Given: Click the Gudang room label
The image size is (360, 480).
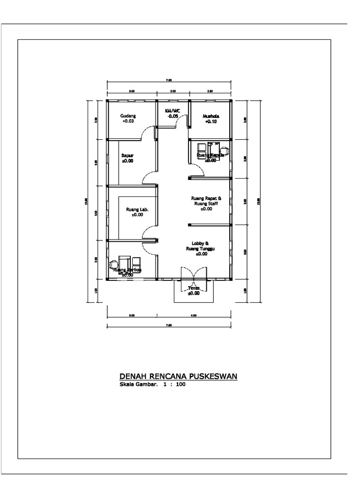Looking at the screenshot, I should point(128,115).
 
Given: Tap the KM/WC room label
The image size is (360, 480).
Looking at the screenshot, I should point(172,111).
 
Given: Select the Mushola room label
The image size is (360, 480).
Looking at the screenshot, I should point(211,116).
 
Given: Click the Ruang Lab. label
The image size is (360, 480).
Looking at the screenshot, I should point(137,210).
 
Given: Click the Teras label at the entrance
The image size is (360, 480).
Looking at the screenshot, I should point(194,288).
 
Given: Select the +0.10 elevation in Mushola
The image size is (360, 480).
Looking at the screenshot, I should point(211,121).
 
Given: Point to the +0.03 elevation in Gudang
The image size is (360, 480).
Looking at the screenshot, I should point(128,121).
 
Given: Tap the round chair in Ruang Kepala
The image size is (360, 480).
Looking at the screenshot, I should point(225,150).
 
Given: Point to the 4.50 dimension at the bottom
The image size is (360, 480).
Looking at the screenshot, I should point(194,315).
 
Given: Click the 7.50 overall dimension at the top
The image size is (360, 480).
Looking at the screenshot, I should point(169,81).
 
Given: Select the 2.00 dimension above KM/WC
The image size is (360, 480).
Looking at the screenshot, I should point(172,91).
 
